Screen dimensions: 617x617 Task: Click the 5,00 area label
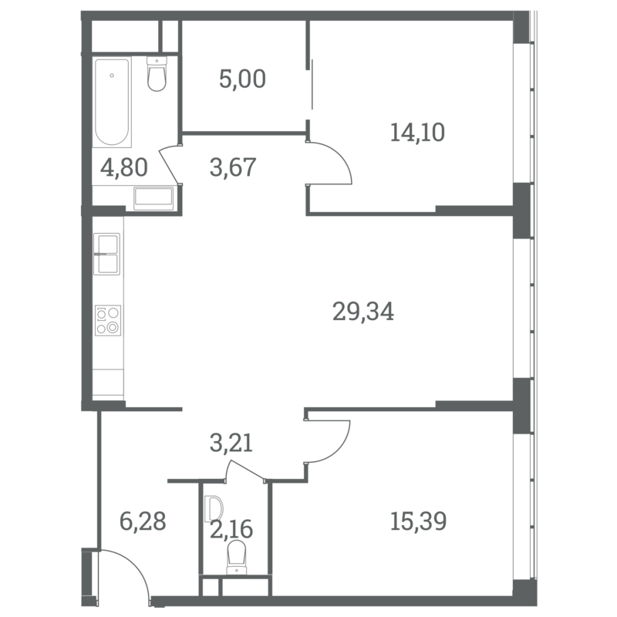click(242, 79)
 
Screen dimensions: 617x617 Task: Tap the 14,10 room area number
click(417, 132)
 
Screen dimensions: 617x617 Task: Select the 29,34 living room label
click(363, 312)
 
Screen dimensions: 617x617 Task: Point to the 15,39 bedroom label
click(418, 521)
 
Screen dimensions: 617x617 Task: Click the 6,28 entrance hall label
click(143, 521)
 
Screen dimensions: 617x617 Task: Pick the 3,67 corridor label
click(233, 167)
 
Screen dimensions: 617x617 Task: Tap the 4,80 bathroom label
click(124, 167)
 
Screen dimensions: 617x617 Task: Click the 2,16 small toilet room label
click(231, 529)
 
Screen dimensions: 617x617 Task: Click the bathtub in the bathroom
click(112, 103)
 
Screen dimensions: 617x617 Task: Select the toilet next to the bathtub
click(157, 73)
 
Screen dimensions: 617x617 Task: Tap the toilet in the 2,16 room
click(237, 557)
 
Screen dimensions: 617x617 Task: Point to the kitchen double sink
click(106, 255)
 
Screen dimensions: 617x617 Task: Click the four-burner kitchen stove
click(108, 321)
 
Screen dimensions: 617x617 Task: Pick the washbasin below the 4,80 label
click(153, 198)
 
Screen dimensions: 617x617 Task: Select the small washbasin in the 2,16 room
click(214, 508)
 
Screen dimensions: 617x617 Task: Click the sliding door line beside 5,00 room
click(312, 85)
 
